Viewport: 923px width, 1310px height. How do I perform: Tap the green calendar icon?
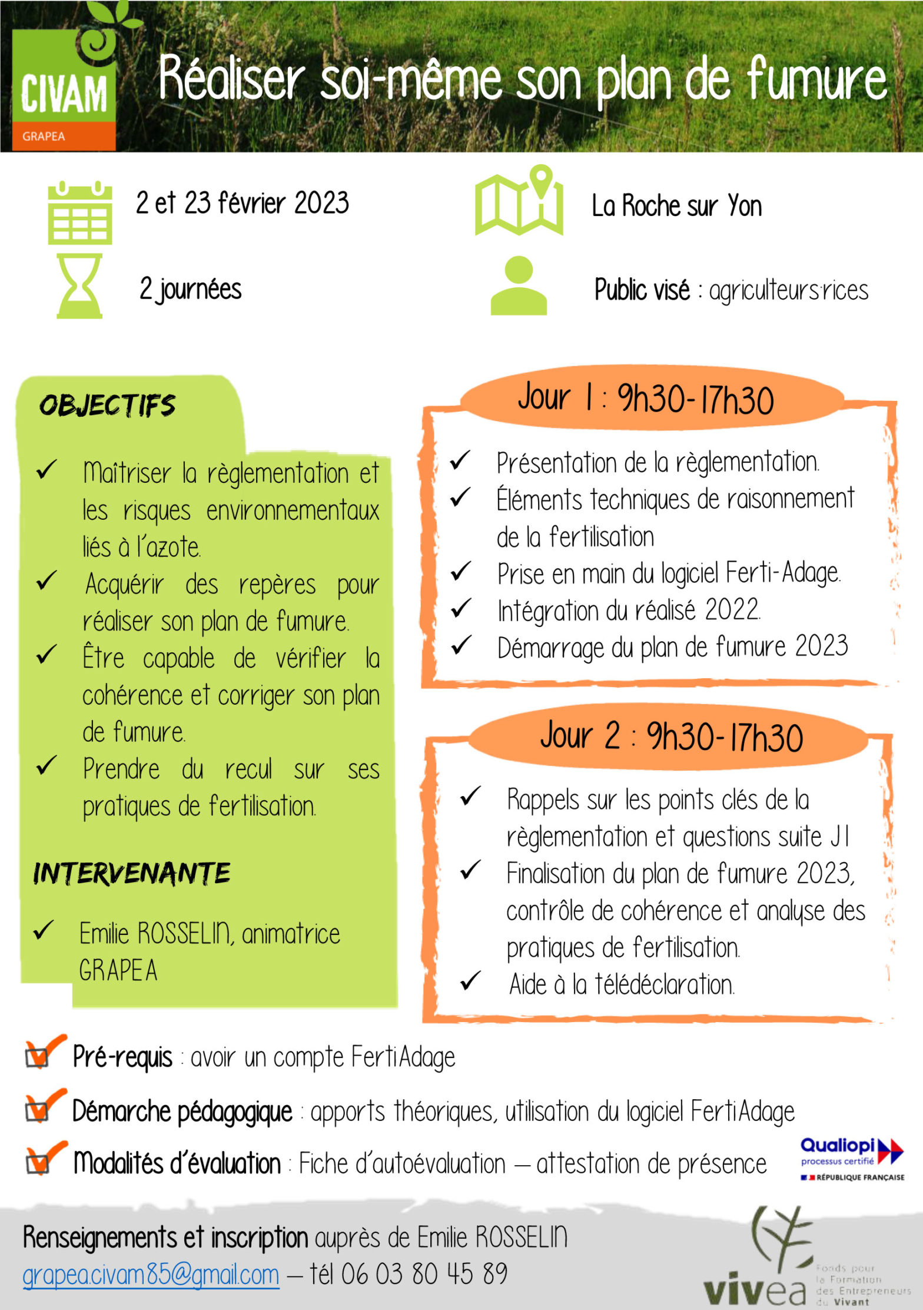pos(79,213)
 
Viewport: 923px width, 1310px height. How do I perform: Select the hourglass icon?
pos(79,286)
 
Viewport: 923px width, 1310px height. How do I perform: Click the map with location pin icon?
pos(519,201)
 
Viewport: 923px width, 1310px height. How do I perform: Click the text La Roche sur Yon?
pos(676,206)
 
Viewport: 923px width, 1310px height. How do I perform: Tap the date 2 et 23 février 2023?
pos(242,203)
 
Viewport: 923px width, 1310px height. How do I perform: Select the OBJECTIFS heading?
pos(107,406)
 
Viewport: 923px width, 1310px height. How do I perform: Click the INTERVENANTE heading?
pos(132,873)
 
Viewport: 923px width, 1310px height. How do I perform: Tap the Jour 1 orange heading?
pos(646,398)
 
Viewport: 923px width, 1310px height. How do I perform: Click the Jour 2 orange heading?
pos(671,736)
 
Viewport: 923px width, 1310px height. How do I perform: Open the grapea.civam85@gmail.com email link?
pos(151,1275)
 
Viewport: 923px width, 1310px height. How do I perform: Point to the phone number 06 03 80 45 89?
pos(424,1274)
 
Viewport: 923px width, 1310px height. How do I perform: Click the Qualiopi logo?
pos(852,1159)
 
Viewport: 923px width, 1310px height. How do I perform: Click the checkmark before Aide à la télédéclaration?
pos(470,981)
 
